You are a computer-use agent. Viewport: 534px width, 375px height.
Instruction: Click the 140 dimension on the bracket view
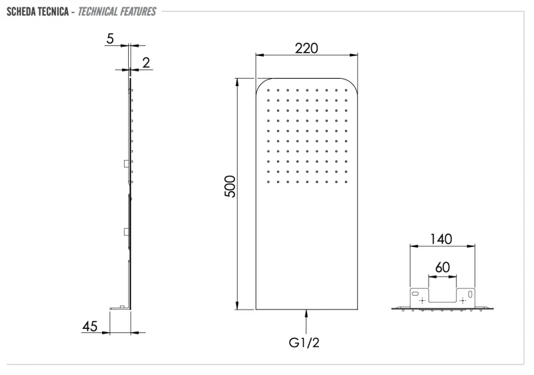[x=441, y=239]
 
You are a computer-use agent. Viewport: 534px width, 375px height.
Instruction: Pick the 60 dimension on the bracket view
[x=441, y=268]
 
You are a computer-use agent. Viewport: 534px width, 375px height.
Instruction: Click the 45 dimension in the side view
[x=91, y=326]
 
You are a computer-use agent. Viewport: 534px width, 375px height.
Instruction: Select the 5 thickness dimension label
[x=109, y=39]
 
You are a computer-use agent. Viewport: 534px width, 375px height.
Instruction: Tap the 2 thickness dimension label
[x=146, y=63]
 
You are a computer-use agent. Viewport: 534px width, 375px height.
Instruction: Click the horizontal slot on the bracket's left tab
[x=416, y=294]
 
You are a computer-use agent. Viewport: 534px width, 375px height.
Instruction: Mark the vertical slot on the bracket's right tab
[x=470, y=294]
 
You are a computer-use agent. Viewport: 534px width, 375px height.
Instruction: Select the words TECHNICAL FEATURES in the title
[x=117, y=11]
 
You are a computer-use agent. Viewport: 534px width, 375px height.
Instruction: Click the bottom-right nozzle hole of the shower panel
[x=346, y=181]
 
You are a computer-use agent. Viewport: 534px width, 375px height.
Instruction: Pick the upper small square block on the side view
[x=126, y=163]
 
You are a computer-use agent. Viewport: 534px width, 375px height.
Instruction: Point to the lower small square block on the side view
[x=126, y=231]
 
